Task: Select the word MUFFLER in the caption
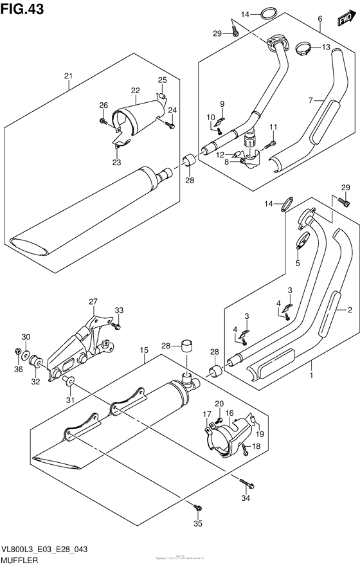(x=21, y=560)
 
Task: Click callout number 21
(x=67, y=78)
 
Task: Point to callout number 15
(x=145, y=351)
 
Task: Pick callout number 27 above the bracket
(x=93, y=301)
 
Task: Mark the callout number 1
(x=312, y=373)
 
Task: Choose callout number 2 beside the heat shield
(x=350, y=311)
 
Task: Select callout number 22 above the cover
(x=135, y=90)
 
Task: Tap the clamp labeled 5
(x=300, y=245)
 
